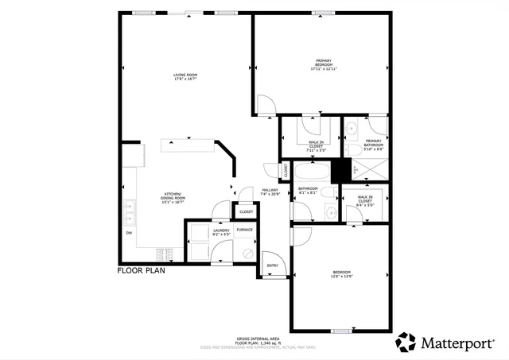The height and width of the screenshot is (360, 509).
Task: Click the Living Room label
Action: pyautogui.click(x=185, y=75)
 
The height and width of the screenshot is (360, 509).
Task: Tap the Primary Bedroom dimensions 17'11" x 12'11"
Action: pyautogui.click(x=323, y=69)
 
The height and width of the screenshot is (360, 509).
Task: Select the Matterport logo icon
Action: pyautogui.click(x=406, y=342)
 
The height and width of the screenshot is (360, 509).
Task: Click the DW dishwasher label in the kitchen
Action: pyautogui.click(x=129, y=233)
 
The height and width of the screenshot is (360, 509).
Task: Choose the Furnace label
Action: pyautogui.click(x=244, y=230)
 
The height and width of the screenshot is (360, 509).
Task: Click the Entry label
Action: pyautogui.click(x=272, y=265)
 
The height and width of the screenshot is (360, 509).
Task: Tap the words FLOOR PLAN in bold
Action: pyautogui.click(x=141, y=270)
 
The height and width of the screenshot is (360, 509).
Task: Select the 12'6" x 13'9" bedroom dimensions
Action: pyautogui.click(x=341, y=276)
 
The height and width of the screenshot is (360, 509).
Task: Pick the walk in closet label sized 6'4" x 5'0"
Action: pyautogui.click(x=365, y=202)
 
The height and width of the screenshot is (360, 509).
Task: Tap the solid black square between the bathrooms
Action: pyautogui.click(x=342, y=170)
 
